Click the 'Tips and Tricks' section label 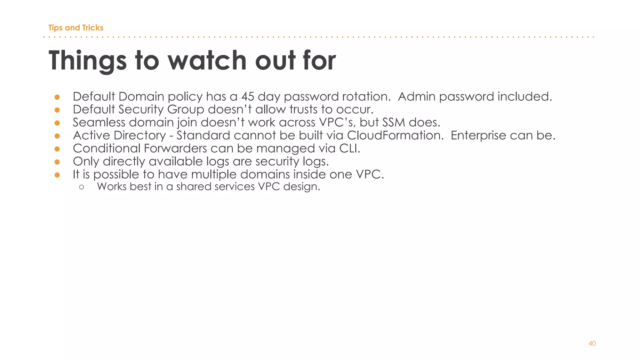(x=76, y=28)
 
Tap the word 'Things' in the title (x=87, y=61)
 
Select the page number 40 (x=592, y=343)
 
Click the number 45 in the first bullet (x=247, y=97)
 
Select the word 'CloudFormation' (x=395, y=135)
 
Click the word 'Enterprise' (x=478, y=136)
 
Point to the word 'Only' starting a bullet (x=86, y=162)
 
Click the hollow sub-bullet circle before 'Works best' (x=82, y=187)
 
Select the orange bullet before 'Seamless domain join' (x=57, y=123)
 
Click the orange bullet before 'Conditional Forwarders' (x=57, y=149)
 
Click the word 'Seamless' (x=99, y=122)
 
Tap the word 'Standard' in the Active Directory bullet (x=203, y=135)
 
